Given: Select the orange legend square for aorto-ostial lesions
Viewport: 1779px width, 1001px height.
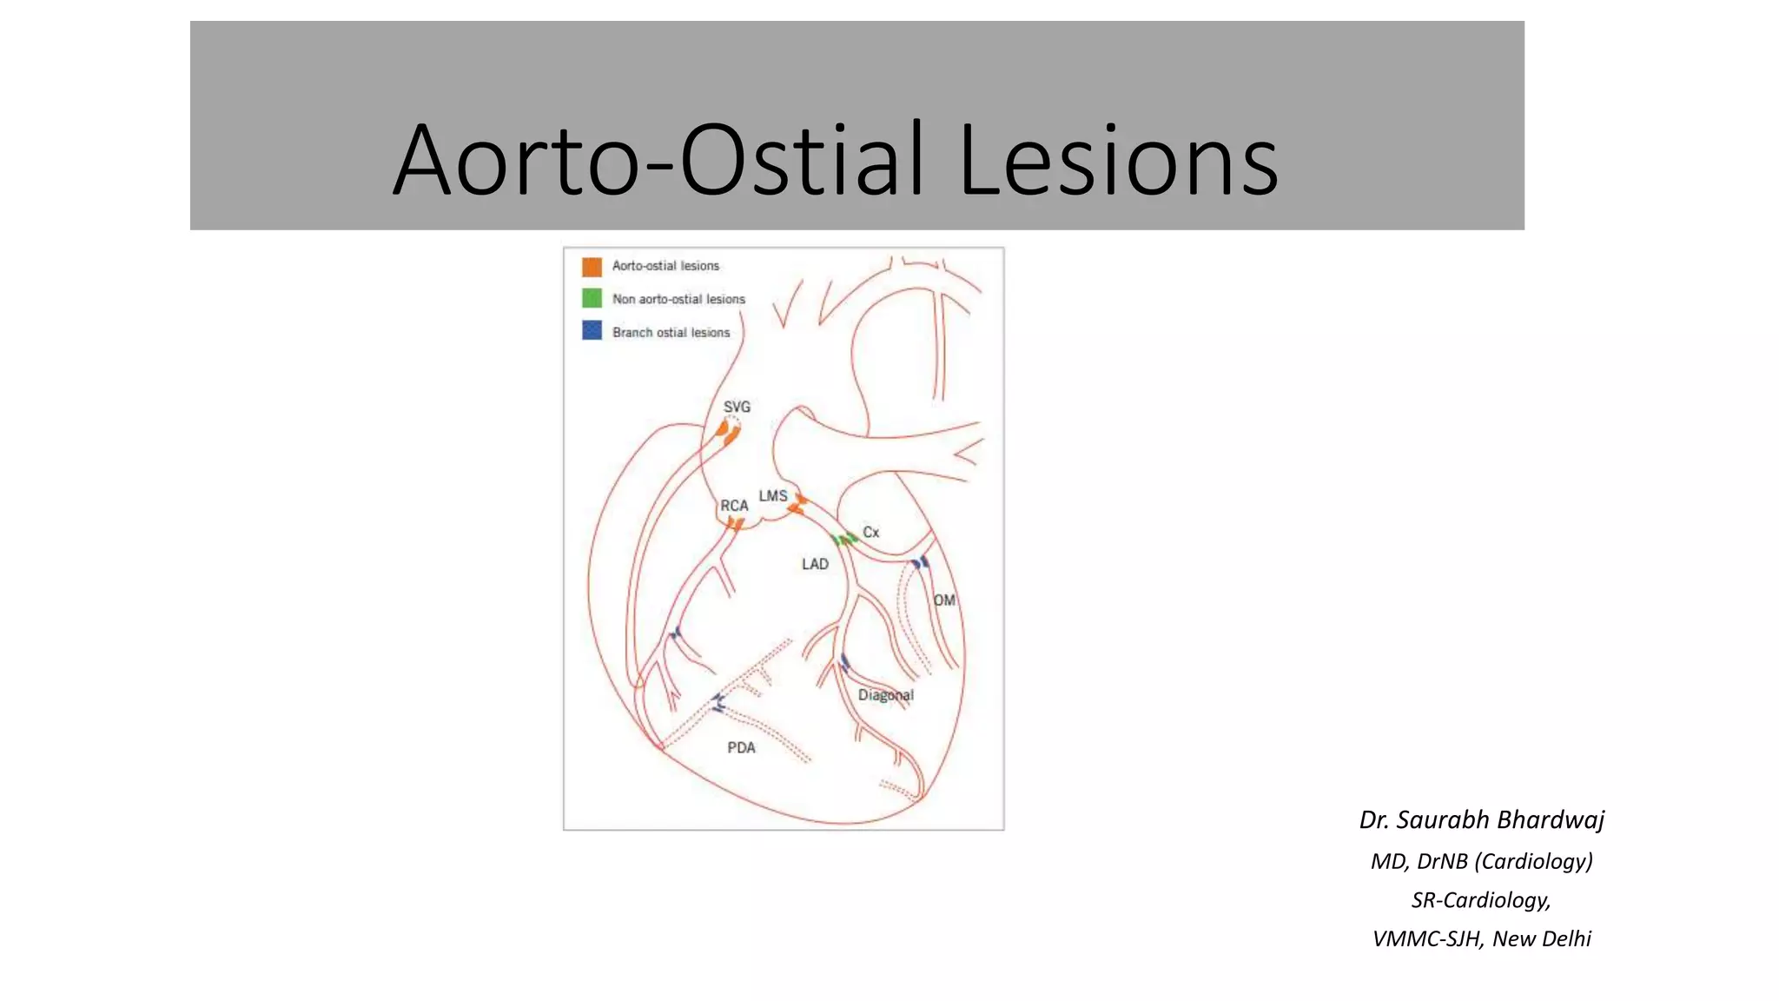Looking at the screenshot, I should pos(592,266).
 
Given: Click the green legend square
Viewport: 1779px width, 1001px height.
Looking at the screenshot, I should pos(592,299).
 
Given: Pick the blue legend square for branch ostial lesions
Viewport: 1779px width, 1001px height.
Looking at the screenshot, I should pos(592,331).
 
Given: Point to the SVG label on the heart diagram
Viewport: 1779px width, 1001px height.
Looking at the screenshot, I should pos(737,407).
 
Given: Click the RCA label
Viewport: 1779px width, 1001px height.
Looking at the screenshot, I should pos(734,506).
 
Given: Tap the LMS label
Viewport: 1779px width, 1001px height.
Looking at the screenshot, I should pos(773,496).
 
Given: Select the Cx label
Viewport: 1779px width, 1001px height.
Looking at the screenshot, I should pos(870,532).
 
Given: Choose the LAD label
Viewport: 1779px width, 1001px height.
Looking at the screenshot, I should pos(815,565).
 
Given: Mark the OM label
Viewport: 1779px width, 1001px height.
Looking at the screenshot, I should pos(944,600).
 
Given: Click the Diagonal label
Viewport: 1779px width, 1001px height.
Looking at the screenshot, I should pos(885,695).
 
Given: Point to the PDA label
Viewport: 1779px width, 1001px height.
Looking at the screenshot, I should pos(741,748).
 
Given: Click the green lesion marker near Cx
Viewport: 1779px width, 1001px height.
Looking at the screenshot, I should pos(843,540).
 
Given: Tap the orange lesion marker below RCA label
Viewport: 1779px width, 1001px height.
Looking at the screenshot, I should pos(736,524).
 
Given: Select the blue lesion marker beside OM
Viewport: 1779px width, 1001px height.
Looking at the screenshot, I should pos(920,563).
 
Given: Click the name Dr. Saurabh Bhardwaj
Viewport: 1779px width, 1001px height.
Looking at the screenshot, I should pos(1481,819).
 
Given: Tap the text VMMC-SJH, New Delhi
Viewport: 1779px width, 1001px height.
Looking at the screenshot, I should pos(1481,938).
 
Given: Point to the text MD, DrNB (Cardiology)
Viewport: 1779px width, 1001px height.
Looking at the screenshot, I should pos(1481,861).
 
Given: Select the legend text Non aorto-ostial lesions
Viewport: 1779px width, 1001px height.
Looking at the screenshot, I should pos(678,299).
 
